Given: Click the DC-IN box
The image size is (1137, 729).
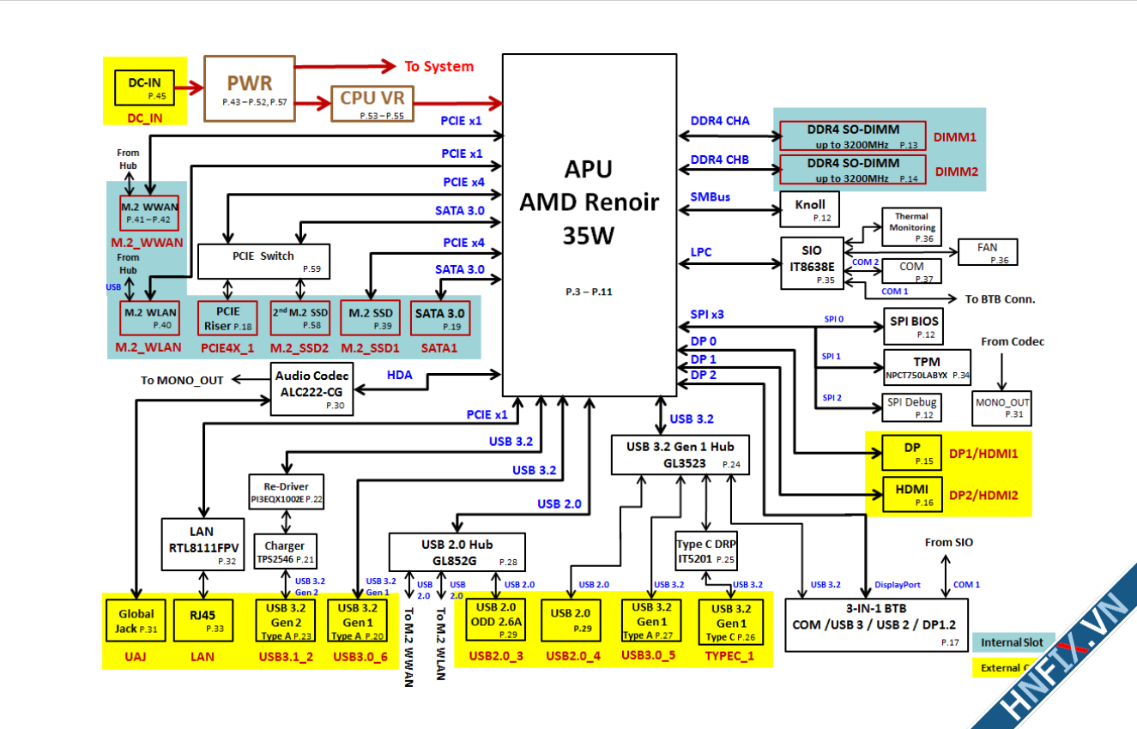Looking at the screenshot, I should point(144,87).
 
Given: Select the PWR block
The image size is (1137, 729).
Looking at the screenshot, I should point(249,88).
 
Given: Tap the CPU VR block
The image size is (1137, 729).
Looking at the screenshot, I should point(372,103).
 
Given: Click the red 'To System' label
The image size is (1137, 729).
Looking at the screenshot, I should point(438,66).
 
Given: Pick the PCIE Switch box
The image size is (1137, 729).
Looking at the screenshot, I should point(263,261).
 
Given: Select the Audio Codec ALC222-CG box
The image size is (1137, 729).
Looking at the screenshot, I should point(311,389).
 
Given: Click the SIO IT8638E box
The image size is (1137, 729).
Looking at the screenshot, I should point(812,262).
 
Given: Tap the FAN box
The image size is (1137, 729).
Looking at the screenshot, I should point(988,252).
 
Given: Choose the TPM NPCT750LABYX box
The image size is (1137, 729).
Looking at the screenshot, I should point(927,367).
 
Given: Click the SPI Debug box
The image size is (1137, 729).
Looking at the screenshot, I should point(911,407).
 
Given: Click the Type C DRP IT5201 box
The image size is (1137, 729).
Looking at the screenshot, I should point(706,550).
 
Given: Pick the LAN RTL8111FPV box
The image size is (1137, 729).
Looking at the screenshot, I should point(203,544).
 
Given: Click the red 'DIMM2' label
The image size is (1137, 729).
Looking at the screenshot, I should point(957,171).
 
